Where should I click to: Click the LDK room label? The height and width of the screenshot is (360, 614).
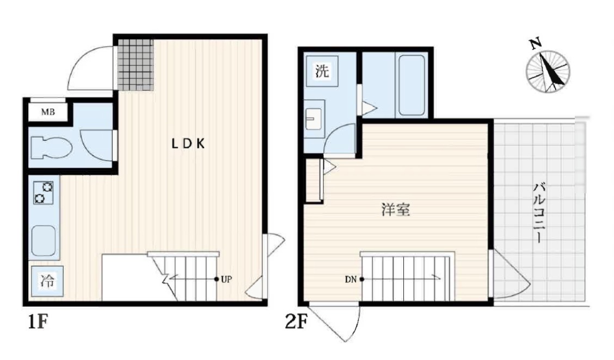[188, 144]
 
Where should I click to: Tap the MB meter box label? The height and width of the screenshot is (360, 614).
[48, 112]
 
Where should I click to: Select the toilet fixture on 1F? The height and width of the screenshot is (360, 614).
[51, 147]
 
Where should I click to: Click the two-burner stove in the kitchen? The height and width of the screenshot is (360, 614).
[44, 193]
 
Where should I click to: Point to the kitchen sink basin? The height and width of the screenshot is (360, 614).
[44, 241]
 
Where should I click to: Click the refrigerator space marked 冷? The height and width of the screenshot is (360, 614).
[47, 281]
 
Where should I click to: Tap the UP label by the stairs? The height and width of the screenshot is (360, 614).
[226, 279]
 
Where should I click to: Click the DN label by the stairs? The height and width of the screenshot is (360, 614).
[351, 279]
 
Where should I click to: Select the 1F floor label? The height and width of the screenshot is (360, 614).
[38, 322]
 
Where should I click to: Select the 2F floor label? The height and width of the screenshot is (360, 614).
[297, 322]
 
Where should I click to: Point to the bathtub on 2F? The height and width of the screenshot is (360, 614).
[412, 85]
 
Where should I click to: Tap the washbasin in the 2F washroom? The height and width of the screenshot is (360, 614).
[314, 119]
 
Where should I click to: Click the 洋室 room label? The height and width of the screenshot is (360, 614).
[396, 210]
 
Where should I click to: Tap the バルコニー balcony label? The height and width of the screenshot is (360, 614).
[539, 212]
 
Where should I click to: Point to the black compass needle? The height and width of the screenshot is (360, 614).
[551, 71]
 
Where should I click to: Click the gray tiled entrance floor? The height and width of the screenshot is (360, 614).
[135, 65]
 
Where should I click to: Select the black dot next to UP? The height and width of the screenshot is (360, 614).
[217, 279]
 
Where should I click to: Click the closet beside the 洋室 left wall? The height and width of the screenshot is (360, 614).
[314, 180]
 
